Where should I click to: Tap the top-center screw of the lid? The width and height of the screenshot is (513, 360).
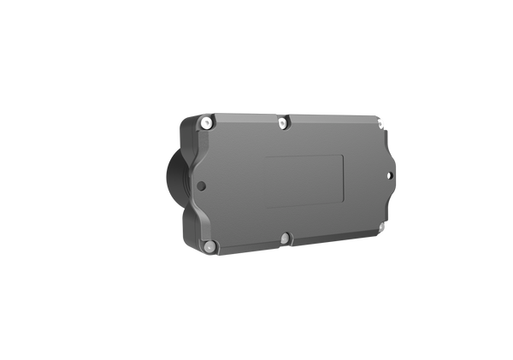283,125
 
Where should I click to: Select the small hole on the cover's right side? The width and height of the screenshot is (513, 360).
392,176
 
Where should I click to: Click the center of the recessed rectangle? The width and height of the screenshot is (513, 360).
304,180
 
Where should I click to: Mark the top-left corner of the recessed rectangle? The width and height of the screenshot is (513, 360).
264,157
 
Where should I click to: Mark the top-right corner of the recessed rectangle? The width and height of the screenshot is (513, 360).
343,155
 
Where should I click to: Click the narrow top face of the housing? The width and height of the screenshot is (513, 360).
291,115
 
